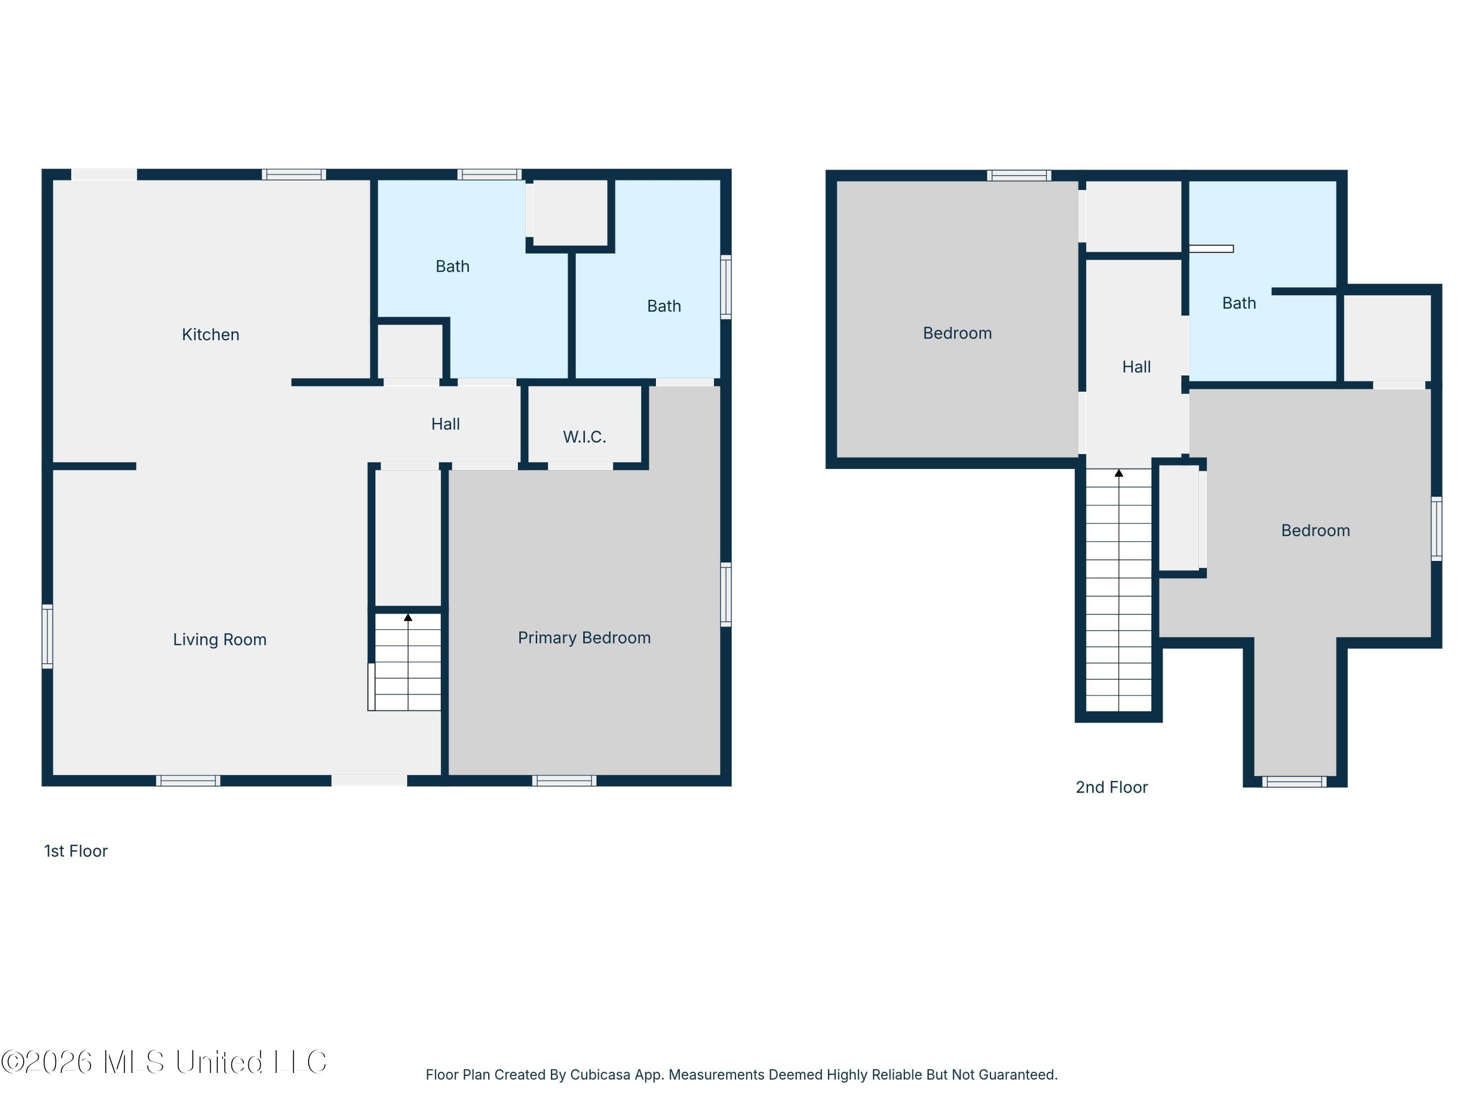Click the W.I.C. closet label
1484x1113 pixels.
(x=584, y=437)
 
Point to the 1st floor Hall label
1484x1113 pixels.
(x=446, y=424)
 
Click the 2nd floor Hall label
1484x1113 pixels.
(x=1136, y=367)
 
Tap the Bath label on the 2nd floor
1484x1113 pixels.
(x=1239, y=303)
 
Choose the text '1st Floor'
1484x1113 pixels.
(x=76, y=851)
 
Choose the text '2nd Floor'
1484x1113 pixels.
(x=1112, y=787)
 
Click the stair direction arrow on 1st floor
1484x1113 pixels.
(x=408, y=617)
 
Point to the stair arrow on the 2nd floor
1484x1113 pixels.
(x=1119, y=473)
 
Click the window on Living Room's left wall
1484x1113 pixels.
(x=47, y=636)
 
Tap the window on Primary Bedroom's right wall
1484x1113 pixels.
(x=726, y=595)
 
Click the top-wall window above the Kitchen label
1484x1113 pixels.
(x=294, y=175)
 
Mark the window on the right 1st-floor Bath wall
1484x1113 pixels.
(x=726, y=286)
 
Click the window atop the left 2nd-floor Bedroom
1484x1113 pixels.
(x=1019, y=175)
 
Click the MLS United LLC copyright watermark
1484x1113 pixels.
(x=164, y=1062)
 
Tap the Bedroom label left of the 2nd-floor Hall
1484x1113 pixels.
(x=957, y=333)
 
